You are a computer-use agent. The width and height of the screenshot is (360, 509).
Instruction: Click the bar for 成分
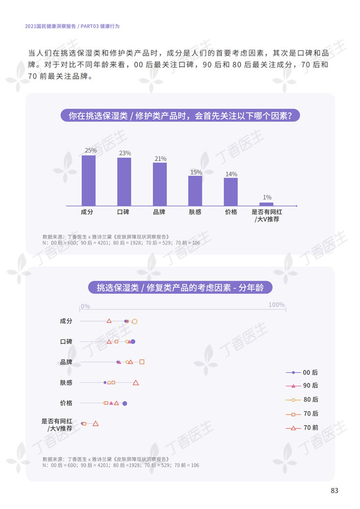[x=89, y=179]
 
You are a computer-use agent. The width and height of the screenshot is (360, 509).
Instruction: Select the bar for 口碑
[x=124, y=181]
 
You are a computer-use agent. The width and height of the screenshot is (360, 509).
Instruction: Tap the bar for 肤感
[x=195, y=190]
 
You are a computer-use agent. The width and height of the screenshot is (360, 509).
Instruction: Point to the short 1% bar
[x=266, y=203]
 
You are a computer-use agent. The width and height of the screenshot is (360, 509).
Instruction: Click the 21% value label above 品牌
[x=160, y=159]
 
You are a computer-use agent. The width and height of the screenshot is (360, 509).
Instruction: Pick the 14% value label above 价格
[x=231, y=174]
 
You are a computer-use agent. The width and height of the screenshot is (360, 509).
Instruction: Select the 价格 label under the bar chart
[x=231, y=212]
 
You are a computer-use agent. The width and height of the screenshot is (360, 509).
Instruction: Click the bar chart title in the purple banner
[x=180, y=116]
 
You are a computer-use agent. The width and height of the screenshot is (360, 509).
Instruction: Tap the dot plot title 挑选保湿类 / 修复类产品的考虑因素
[x=180, y=288]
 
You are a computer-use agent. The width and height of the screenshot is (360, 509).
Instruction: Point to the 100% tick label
[x=277, y=305]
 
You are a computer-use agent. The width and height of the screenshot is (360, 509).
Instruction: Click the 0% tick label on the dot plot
[x=85, y=306]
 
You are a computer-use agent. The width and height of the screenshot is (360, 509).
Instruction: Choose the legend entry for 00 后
[x=302, y=373]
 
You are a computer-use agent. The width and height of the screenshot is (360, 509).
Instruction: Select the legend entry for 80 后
[x=302, y=400]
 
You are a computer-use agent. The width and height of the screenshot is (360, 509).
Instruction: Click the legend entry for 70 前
[x=302, y=428]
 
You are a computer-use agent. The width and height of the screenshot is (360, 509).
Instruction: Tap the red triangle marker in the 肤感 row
[x=136, y=383]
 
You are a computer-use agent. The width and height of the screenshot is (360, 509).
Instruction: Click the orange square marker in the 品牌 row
[x=142, y=362]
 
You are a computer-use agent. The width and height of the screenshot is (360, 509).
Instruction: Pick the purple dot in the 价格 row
[x=125, y=403]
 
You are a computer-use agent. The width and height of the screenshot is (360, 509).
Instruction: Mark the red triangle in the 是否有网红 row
[x=96, y=424]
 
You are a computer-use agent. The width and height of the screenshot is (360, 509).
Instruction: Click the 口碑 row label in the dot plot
[x=66, y=341]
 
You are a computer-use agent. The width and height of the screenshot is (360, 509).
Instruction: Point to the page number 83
[x=335, y=490]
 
